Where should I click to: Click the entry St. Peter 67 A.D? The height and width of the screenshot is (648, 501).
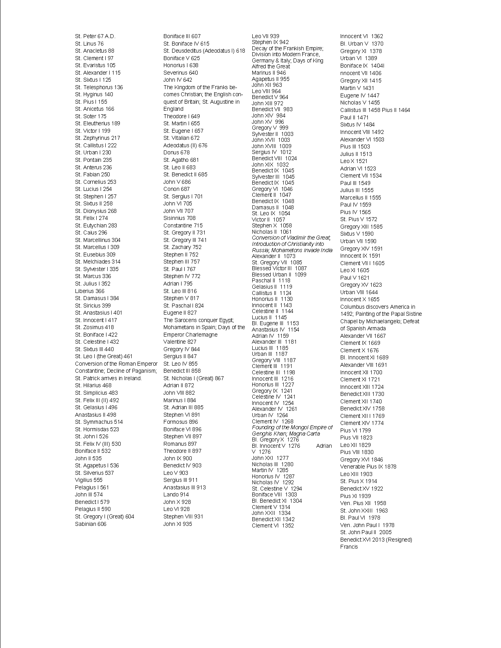click(95, 36)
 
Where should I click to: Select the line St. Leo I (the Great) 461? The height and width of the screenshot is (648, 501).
click(104, 356)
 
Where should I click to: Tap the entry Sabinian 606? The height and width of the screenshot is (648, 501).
click(91, 524)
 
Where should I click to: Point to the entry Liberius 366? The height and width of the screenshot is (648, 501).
click(90, 291)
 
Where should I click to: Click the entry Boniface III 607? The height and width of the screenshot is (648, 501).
click(182, 36)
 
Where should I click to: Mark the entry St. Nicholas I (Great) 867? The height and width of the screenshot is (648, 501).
click(193, 378)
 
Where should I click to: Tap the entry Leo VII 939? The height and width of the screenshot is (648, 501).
click(266, 36)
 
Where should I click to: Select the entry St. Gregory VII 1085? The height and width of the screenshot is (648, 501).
click(277, 262)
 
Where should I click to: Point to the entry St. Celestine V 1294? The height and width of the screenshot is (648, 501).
click(277, 489)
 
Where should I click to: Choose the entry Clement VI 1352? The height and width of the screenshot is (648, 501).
click(273, 525)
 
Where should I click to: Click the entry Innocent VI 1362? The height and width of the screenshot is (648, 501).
click(362, 36)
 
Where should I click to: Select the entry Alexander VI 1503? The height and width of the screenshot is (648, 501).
click(362, 139)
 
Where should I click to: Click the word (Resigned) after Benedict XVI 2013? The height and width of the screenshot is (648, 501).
click(399, 540)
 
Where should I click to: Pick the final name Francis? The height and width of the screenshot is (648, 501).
click(349, 547)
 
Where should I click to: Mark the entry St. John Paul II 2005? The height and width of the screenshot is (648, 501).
click(366, 532)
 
